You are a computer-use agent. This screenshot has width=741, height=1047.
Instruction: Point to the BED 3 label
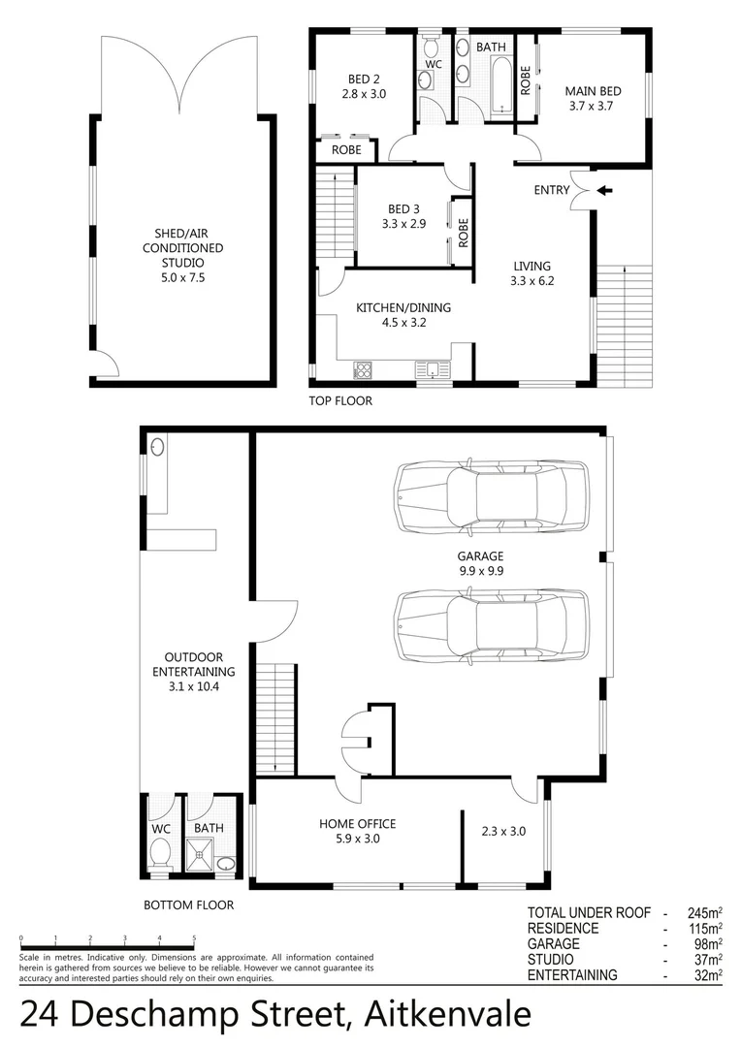click(405, 216)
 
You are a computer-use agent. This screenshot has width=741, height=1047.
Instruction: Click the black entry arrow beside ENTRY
click(604, 191)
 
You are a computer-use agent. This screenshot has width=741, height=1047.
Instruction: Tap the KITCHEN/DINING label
click(403, 315)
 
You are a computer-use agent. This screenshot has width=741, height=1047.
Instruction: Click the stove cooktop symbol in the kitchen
click(364, 369)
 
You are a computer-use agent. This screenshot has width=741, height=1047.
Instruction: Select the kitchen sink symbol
click(428, 369)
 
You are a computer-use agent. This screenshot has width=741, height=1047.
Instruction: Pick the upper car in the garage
click(492, 495)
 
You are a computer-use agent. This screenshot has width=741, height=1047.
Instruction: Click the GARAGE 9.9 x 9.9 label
click(481, 563)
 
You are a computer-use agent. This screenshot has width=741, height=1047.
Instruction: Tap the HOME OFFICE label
click(358, 831)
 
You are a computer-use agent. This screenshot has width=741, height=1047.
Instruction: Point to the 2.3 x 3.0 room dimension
click(503, 831)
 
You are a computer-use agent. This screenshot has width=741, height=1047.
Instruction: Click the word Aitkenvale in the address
click(447, 1014)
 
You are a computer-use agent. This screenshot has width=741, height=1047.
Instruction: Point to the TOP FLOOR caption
click(340, 400)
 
